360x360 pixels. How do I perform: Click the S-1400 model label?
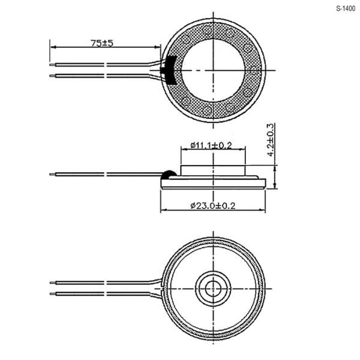tap(346, 8)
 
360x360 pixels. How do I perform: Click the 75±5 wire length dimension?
tap(102, 43)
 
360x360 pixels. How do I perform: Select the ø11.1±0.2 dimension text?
tap(211, 145)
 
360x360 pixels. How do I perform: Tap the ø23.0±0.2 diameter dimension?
tap(213, 205)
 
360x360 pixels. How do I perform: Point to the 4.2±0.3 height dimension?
tap(271, 140)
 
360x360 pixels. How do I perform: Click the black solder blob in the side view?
tap(169, 175)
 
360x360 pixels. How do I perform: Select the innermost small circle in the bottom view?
tap(213, 289)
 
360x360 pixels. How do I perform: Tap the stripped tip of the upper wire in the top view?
tap(52, 65)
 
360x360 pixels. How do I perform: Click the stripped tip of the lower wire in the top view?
tap(52, 76)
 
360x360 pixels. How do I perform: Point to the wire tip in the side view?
tap(52, 175)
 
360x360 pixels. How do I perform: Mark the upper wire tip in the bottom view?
tap(53, 283)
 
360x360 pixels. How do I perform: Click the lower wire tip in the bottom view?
tap(53, 293)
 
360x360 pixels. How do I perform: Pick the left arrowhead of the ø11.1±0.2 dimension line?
tap(184, 149)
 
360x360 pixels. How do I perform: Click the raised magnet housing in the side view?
tap(213, 170)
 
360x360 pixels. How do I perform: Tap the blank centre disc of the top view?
tap(213, 70)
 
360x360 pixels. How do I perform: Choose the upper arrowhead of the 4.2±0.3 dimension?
tap(275, 169)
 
